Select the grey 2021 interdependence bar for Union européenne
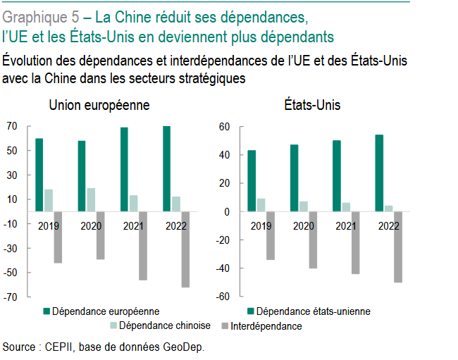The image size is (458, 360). point(143,245)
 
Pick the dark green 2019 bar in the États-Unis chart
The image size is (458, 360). point(252,181)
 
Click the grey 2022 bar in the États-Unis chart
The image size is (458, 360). point(397,247)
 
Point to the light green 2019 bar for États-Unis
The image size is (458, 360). point(261,205)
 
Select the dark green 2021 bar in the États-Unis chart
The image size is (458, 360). point(337,176)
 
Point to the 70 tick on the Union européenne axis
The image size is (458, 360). point(11,126)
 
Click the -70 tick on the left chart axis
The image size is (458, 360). point(10,297)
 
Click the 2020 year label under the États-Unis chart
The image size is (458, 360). point(304,225)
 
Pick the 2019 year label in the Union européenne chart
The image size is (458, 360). point(49,225)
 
